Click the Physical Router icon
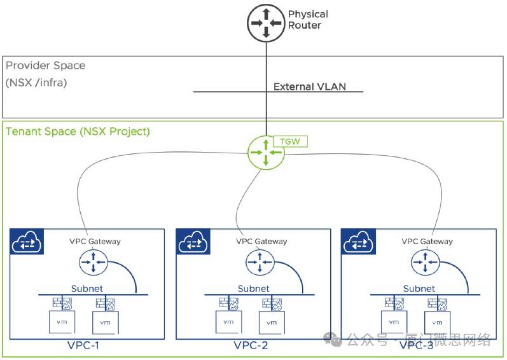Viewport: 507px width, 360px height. point(265,22)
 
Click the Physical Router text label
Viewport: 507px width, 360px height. point(308,20)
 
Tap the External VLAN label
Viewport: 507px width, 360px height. point(310,87)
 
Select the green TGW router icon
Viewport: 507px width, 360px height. point(265,153)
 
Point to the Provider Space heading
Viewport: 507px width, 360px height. point(45,66)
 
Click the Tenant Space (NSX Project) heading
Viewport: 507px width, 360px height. point(78,132)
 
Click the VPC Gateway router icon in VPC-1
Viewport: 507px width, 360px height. point(94,261)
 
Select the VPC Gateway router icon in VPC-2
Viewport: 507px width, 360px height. point(260,261)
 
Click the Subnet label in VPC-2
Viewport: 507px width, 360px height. point(254,288)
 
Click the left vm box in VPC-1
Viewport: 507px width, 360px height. point(62,321)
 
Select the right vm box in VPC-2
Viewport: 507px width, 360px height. point(272,322)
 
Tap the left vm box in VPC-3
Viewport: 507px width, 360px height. point(394,321)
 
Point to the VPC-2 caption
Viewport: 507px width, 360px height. point(250,346)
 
